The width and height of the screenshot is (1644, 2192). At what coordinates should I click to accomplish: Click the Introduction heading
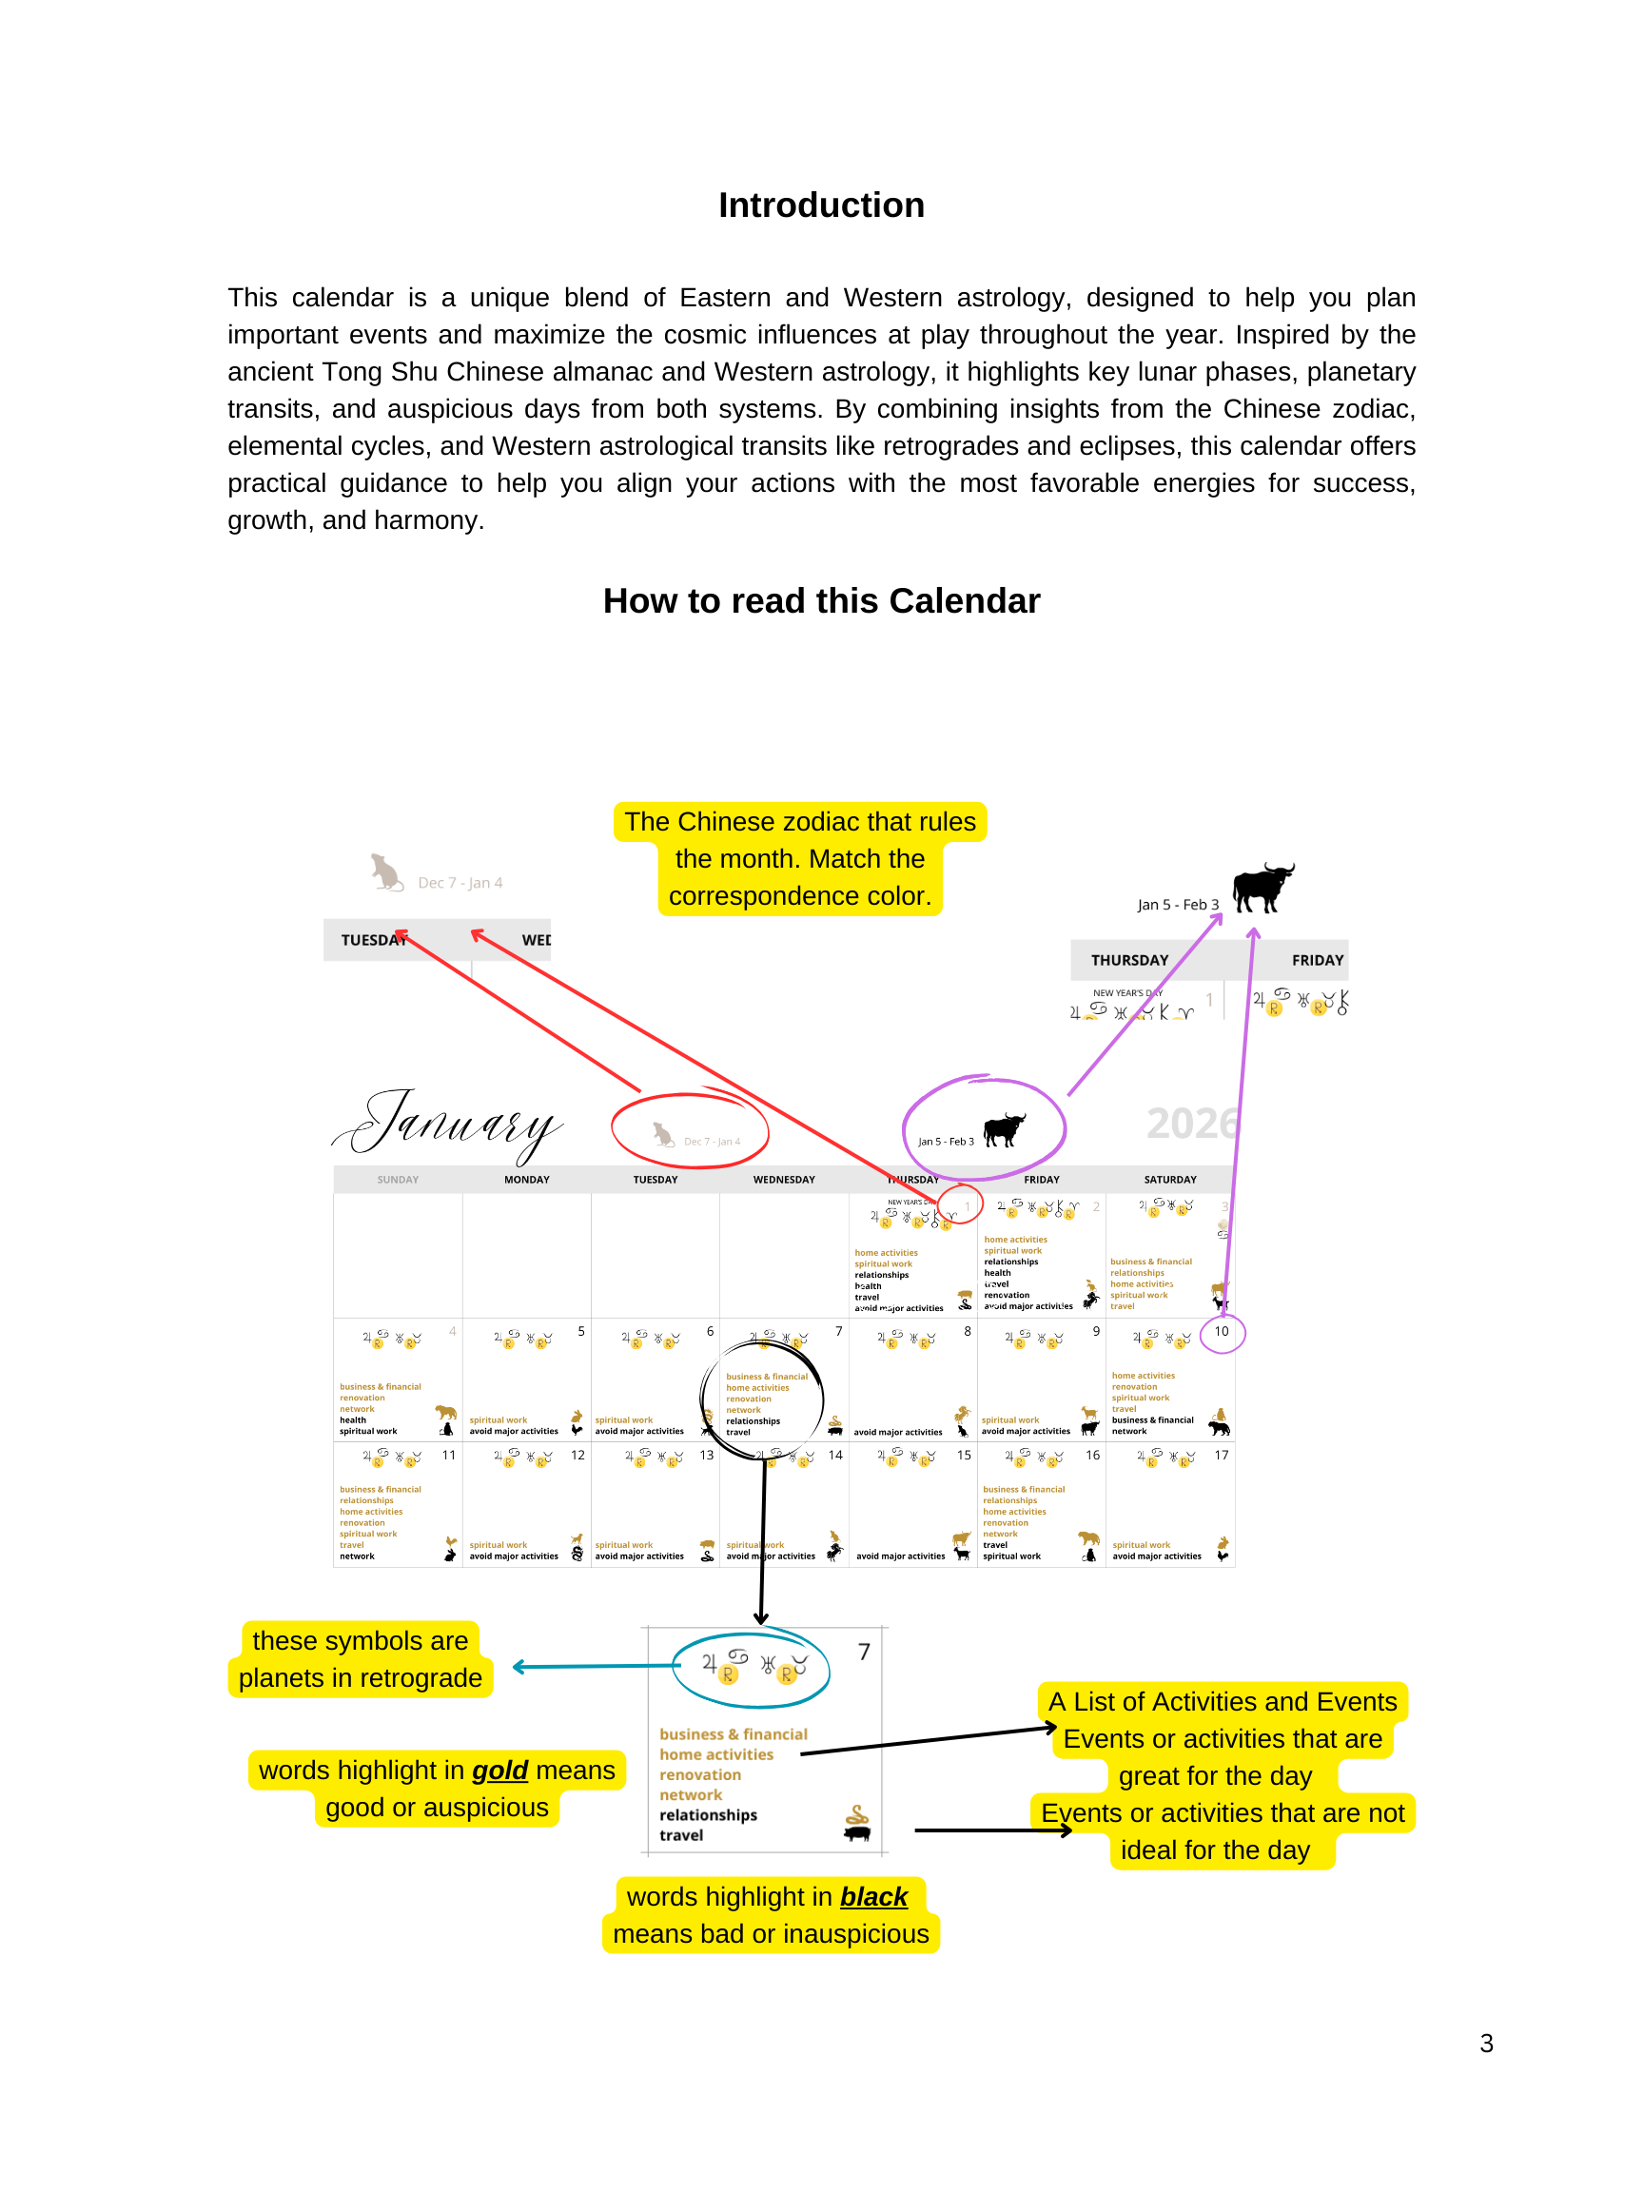[x=820, y=205]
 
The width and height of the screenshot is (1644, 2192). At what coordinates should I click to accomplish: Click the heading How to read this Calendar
[x=820, y=600]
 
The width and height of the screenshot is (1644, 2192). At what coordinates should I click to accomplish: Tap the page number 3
[x=1485, y=2044]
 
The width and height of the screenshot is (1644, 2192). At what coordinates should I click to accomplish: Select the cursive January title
[x=451, y=1124]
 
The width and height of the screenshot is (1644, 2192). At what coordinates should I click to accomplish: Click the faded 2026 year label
[x=1192, y=1124]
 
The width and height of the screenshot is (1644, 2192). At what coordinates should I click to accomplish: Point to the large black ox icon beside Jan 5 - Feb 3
[x=1262, y=886]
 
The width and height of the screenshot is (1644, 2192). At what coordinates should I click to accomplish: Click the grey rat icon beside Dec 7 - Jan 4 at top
[x=385, y=873]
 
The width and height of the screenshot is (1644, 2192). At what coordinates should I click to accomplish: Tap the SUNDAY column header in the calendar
[x=398, y=1179]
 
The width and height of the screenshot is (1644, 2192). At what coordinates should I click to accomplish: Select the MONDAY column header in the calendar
[x=526, y=1179]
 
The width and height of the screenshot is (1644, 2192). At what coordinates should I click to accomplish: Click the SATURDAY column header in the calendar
[x=1169, y=1179]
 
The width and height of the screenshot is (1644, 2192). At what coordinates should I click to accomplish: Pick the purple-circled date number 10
[x=1221, y=1332]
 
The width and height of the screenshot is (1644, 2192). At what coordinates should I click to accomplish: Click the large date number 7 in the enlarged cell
[x=864, y=1652]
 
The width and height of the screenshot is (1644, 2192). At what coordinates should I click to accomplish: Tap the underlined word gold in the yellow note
[x=499, y=1770]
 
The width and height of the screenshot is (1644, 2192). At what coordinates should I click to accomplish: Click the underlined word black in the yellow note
[x=873, y=1897]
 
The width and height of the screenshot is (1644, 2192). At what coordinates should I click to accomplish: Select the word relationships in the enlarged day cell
[x=708, y=1814]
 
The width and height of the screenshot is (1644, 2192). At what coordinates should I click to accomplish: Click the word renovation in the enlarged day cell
[x=699, y=1774]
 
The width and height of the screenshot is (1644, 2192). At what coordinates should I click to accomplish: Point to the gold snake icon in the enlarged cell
[x=857, y=1814]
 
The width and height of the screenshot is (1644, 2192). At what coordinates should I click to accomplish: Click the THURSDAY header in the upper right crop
[x=1128, y=960]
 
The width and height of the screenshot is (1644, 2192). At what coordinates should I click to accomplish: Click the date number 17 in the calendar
[x=1221, y=1455]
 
